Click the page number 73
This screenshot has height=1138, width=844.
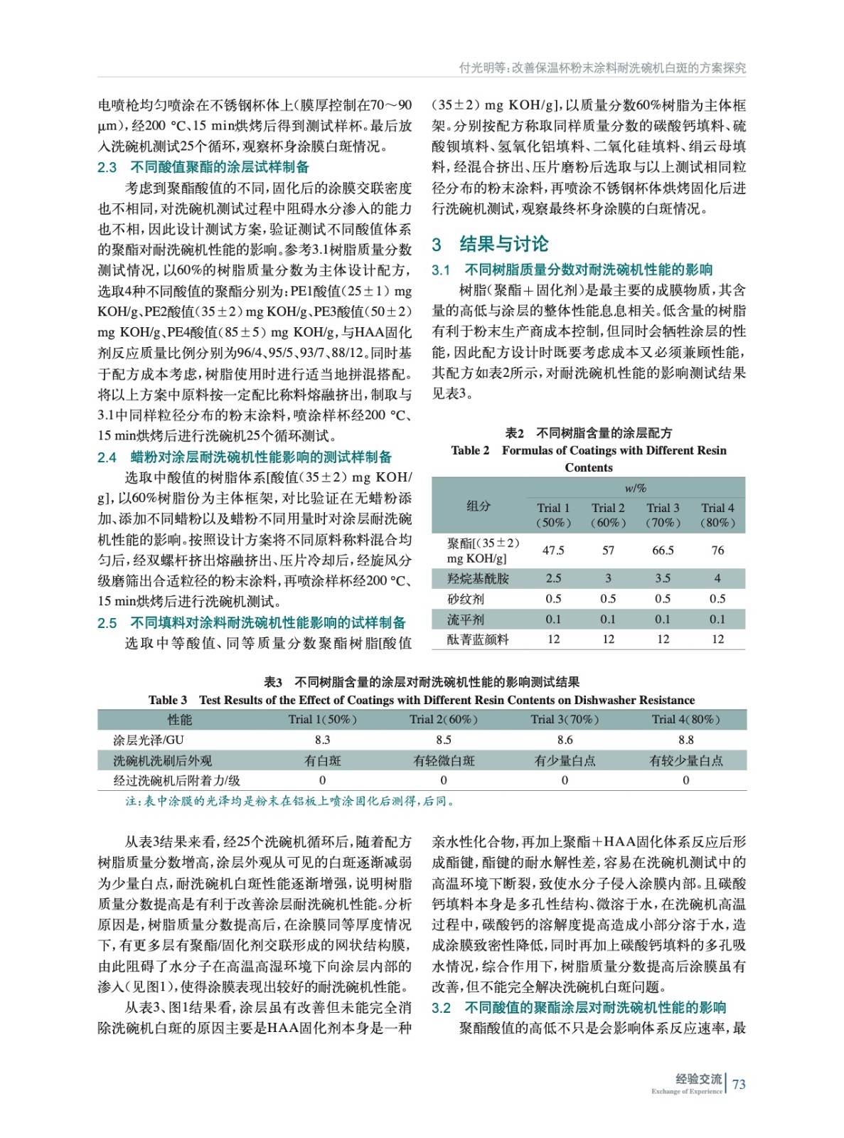pos(739,1084)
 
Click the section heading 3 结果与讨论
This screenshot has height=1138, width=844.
pos(490,244)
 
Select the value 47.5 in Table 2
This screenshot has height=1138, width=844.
pos(553,550)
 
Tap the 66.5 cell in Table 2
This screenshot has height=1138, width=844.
pos(663,550)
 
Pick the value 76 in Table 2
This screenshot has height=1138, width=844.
pos(717,550)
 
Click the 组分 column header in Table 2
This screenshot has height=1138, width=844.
pos(478,506)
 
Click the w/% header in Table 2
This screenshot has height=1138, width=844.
pos(635,488)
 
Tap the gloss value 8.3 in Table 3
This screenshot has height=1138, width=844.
pos(322,740)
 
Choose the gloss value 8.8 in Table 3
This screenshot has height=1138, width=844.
pos(685,740)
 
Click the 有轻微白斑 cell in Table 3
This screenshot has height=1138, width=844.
pos(444,760)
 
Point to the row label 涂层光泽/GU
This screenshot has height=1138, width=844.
pos(149,740)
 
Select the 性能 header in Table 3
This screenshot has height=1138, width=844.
pos(179,719)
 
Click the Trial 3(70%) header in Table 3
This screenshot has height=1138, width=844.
pos(565,719)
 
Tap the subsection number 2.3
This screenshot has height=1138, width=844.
pos(107,167)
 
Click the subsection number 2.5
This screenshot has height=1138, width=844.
pos(107,623)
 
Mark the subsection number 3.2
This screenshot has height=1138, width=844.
pos(441,1008)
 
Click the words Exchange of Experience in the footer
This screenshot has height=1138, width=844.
pos(686,1091)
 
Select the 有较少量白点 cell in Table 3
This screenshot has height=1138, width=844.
pos(685,760)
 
